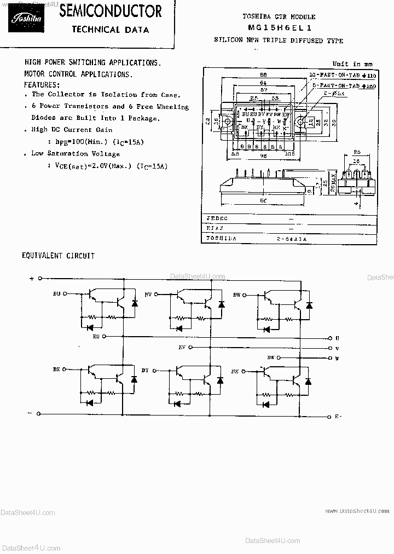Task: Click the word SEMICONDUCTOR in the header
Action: coord(110,10)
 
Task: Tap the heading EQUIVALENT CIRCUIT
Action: coord(58,256)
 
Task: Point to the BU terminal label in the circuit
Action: coord(57,294)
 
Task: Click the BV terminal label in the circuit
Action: coord(148,294)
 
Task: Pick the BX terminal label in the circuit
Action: coord(56,370)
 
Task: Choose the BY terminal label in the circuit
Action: coord(145,370)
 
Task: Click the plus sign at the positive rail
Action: coord(32,278)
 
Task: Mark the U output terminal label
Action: coord(337,338)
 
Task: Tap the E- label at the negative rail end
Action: coord(338,417)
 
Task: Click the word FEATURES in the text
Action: coord(42,85)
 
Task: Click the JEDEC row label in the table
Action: coord(217,218)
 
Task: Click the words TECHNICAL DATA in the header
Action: coord(110,30)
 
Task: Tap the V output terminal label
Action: coord(337,348)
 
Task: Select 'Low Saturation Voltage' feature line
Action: coord(71,153)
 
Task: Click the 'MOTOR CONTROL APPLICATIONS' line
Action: coord(78,73)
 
